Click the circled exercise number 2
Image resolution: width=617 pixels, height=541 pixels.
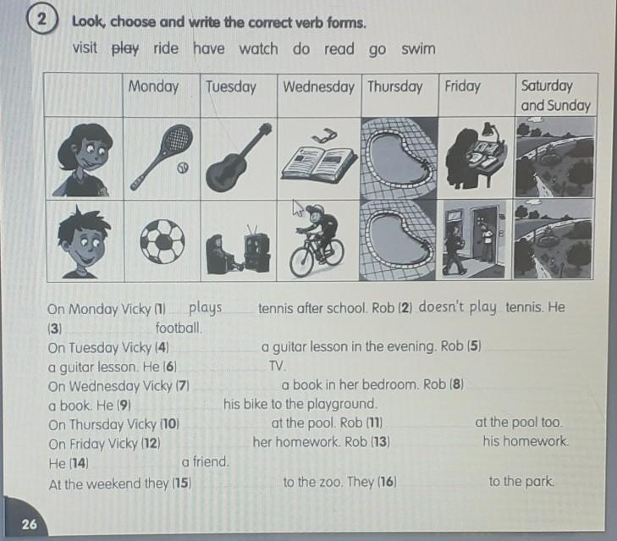[x=42, y=20]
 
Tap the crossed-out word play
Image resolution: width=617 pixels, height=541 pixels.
[x=125, y=49]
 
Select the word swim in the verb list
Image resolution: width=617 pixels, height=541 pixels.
[x=418, y=49]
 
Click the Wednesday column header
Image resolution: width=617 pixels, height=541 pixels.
[x=318, y=86]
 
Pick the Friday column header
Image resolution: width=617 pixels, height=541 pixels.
[x=462, y=86]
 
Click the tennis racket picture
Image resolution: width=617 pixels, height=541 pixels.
[x=162, y=156]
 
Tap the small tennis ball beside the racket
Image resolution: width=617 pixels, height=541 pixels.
[x=183, y=168]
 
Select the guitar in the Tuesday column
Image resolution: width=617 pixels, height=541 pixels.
[x=239, y=157]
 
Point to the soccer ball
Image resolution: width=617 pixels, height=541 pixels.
[x=163, y=241]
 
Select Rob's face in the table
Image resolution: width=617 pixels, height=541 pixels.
[x=84, y=241]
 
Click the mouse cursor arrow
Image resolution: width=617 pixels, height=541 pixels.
[x=298, y=207]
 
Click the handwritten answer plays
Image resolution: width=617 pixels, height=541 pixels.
[x=205, y=308]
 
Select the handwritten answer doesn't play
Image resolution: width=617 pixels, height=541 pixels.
[x=457, y=307]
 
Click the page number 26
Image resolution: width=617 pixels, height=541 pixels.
[x=29, y=524]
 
